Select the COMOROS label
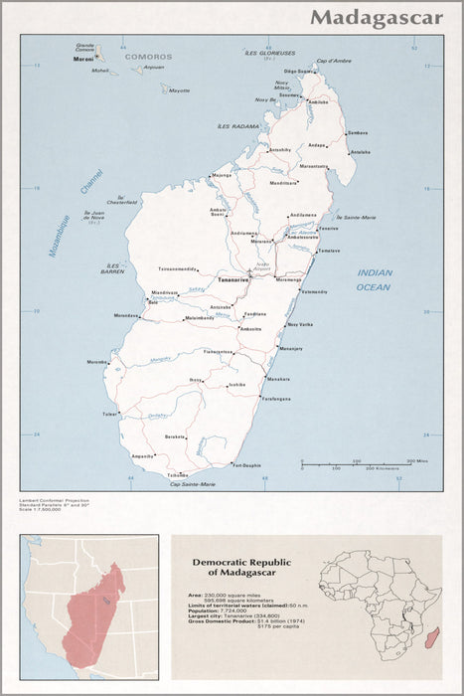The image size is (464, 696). (x=148, y=58)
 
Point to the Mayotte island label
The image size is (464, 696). (x=179, y=90)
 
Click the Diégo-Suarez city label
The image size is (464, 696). (x=298, y=71)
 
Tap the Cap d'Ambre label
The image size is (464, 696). (x=333, y=62)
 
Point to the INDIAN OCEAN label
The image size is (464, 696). (x=374, y=279)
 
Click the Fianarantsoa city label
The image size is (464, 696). (x=219, y=351)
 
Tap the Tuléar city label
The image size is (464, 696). (x=109, y=414)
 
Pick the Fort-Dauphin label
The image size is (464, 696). (x=246, y=465)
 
